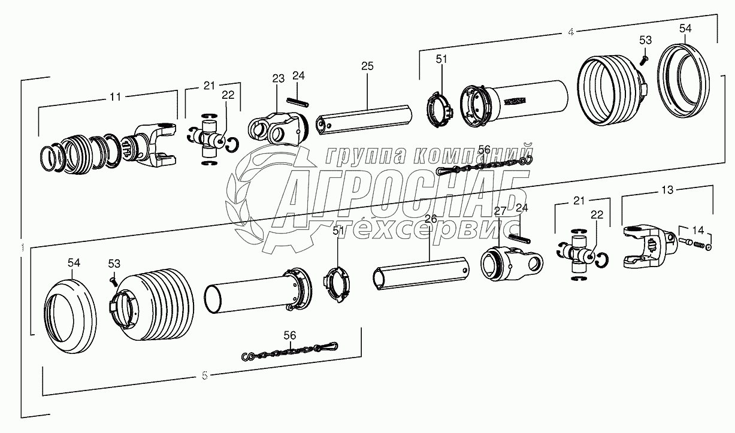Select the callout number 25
point(367,66)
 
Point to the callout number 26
point(431,219)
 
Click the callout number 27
point(500,210)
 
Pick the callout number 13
point(667,190)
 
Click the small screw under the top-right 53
point(643,59)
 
